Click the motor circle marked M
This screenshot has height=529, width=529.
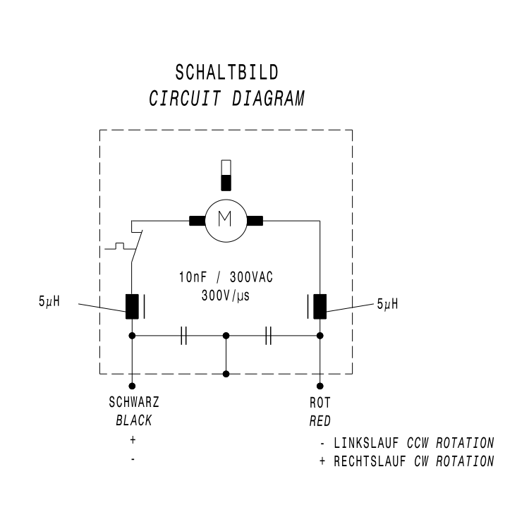click(226, 220)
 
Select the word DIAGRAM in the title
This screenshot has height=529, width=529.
click(267, 98)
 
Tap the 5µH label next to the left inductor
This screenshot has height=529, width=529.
click(49, 303)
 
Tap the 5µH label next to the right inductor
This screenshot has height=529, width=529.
click(387, 304)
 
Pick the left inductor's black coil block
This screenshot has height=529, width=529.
click(132, 306)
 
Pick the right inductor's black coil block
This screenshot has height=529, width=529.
click(320, 306)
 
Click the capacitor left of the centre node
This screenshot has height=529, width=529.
click(183, 336)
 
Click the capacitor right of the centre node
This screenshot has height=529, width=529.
click(268, 336)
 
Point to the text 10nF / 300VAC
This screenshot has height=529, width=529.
click(225, 278)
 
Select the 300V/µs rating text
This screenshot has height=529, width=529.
click(226, 296)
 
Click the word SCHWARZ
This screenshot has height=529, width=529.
click(133, 404)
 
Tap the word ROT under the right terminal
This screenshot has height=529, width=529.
click(320, 404)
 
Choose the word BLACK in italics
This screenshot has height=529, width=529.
click(133, 421)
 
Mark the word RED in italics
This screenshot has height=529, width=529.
click(320, 421)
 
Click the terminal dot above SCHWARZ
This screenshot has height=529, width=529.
click(132, 386)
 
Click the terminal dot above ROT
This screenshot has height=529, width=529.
click(320, 386)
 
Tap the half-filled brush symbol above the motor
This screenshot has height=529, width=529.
click(226, 175)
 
